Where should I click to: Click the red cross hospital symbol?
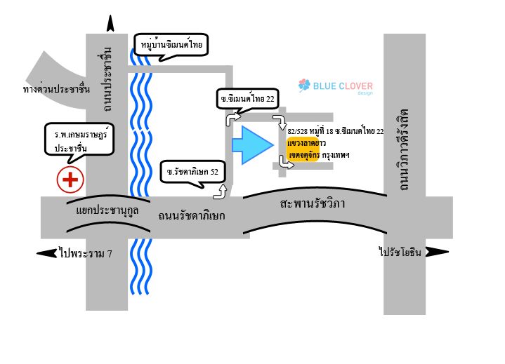[x=70, y=180]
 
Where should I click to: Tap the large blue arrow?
[x=253, y=145]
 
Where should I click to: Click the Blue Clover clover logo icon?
[x=304, y=85]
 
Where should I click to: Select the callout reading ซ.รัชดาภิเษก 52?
[x=192, y=173]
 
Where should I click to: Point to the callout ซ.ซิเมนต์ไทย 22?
[x=247, y=100]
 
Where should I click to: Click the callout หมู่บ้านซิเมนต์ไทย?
[x=171, y=46]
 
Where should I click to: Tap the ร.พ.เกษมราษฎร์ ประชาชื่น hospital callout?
[x=79, y=141]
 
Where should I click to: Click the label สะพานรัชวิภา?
[x=313, y=203]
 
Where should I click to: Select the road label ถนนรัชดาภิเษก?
[x=191, y=215]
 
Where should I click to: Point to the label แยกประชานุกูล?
[x=107, y=211]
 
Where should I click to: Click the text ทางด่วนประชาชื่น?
[x=56, y=88]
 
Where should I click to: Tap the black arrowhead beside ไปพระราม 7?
[x=47, y=253]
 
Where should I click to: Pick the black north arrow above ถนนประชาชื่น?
[x=110, y=23]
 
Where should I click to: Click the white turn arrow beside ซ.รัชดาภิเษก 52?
[x=221, y=191]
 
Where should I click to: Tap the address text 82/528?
[x=298, y=131]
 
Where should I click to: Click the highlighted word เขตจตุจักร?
[x=304, y=155]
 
